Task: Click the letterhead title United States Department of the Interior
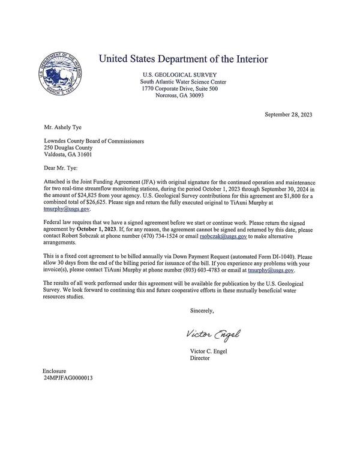click(x=183, y=59)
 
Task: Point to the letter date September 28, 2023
click(x=288, y=114)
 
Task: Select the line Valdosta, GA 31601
click(x=68, y=154)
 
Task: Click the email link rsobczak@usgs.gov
click(x=223, y=237)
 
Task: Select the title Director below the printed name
click(x=199, y=359)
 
